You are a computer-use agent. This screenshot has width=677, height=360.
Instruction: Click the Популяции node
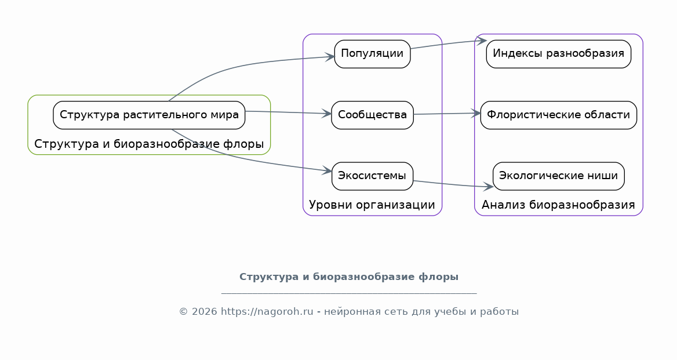point(372,54)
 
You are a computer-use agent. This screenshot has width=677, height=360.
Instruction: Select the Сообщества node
point(372,115)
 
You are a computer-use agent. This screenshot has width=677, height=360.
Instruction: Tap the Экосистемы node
point(372,176)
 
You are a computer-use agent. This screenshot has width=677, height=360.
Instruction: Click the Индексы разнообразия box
point(558,54)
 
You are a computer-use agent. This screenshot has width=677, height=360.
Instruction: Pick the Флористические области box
point(558,115)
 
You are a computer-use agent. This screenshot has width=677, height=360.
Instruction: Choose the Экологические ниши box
point(558,176)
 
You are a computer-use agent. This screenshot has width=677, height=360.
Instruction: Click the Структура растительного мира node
point(149,115)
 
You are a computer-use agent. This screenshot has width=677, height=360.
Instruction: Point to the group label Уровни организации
point(372,205)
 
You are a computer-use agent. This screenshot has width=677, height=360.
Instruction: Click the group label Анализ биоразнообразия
point(558,205)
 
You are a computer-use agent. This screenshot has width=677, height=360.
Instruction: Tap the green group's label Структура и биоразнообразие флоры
point(149,144)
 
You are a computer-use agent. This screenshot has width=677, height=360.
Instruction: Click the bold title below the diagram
point(349,277)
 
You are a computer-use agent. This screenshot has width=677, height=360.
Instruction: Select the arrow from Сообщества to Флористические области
point(447,114)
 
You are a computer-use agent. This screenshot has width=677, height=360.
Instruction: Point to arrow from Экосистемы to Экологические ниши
point(453,184)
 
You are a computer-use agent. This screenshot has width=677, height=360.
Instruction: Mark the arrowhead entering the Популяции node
point(330,57)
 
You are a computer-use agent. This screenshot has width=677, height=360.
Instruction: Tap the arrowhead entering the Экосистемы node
point(327,171)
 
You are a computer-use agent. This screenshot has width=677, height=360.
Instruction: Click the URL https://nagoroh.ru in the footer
point(267,312)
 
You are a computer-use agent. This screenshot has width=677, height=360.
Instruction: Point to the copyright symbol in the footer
point(184,312)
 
